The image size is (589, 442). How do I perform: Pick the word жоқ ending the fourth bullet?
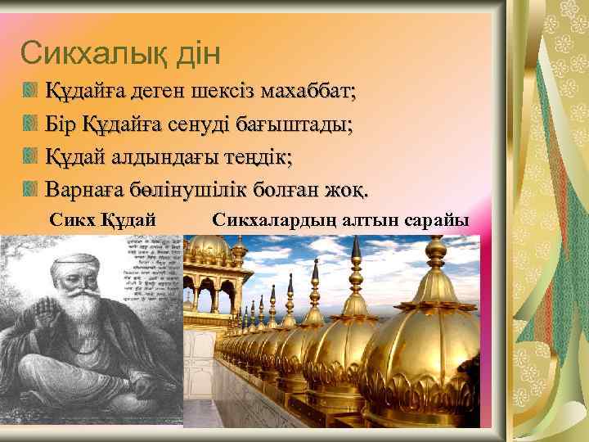click(346, 190)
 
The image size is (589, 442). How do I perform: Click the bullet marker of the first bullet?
click(31, 91)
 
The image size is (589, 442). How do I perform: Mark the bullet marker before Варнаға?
click(31, 190)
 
